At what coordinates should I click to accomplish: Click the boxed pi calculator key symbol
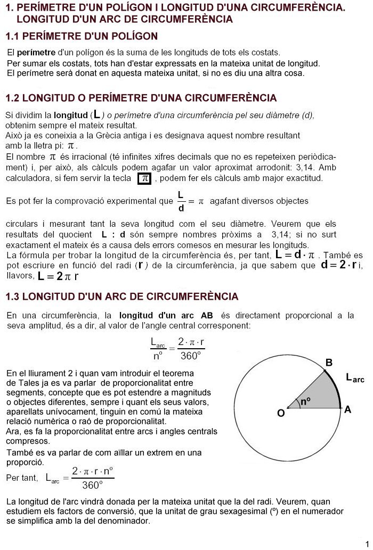(144, 179)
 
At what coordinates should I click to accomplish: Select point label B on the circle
(329, 363)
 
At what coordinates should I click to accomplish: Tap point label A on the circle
(348, 409)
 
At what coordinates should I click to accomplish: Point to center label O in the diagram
(281, 413)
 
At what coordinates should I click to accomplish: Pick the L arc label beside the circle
(355, 379)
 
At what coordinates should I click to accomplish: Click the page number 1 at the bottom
(368, 538)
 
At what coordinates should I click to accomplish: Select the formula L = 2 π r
(58, 276)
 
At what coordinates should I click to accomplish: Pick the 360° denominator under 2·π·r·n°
(92, 485)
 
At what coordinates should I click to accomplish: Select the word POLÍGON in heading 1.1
(133, 37)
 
